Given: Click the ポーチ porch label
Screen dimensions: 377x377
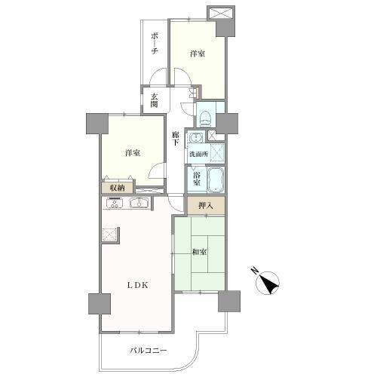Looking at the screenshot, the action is pyautogui.click(x=155, y=44).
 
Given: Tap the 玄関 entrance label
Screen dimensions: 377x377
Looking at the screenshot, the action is pyautogui.click(x=155, y=100).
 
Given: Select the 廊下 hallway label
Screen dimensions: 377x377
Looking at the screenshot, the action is pyautogui.click(x=175, y=139).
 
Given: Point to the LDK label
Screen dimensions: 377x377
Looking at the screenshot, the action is pyautogui.click(x=138, y=285).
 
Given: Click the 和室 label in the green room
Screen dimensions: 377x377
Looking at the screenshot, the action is pyautogui.click(x=200, y=252).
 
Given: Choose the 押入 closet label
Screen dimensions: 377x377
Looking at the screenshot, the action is pyautogui.click(x=206, y=206).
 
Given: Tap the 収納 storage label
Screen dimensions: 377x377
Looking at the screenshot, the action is pyautogui.click(x=117, y=188).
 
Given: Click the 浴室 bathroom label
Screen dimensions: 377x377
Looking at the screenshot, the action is pyautogui.click(x=197, y=178).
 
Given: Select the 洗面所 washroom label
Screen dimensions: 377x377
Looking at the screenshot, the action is pyautogui.click(x=198, y=154).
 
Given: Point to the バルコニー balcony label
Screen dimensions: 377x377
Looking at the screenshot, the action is pyautogui.click(x=149, y=351).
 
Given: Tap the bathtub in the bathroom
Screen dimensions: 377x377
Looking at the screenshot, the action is pyautogui.click(x=216, y=179).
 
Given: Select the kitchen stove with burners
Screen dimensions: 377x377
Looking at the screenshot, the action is pyautogui.click(x=115, y=203).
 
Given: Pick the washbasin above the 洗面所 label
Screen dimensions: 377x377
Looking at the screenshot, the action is pyautogui.click(x=196, y=138).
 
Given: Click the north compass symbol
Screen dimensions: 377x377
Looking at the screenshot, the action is pyautogui.click(x=268, y=284).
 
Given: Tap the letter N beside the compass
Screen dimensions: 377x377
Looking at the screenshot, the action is pyautogui.click(x=255, y=271).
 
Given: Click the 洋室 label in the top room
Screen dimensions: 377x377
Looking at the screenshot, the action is pyautogui.click(x=198, y=54).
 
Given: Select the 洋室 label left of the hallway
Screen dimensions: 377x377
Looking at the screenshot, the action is pyautogui.click(x=133, y=153).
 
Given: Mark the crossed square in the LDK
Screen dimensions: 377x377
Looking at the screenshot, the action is pyautogui.click(x=110, y=234).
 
